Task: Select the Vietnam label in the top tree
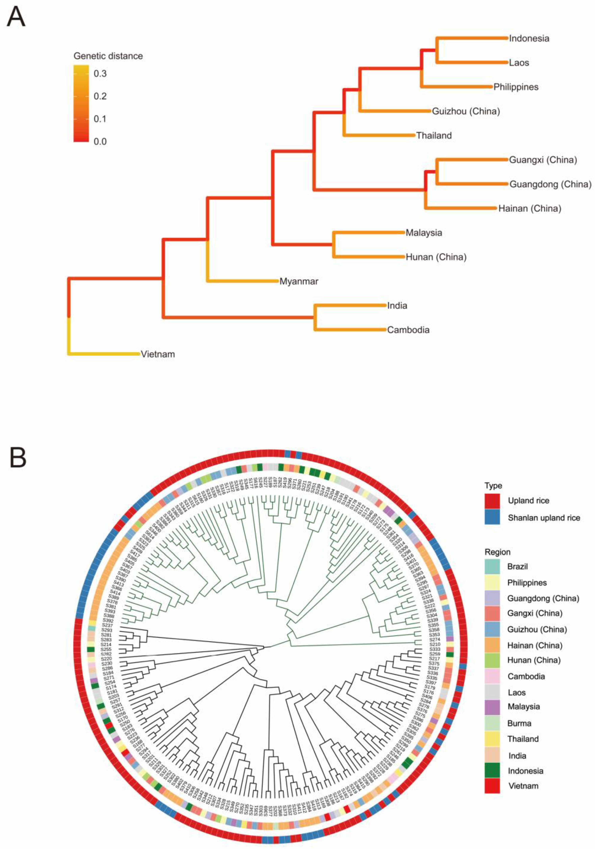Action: [158, 354]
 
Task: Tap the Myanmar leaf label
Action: [299, 281]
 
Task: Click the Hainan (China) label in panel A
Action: [530, 209]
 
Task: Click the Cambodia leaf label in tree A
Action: [408, 330]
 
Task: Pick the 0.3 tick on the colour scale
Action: [100, 74]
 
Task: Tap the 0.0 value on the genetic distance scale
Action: [100, 142]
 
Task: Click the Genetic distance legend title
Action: [108, 56]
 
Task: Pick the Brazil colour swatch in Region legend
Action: [492, 567]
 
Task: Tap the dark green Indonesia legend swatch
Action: [492, 771]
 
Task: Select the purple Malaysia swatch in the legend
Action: [492, 707]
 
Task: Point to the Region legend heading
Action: [497, 552]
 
